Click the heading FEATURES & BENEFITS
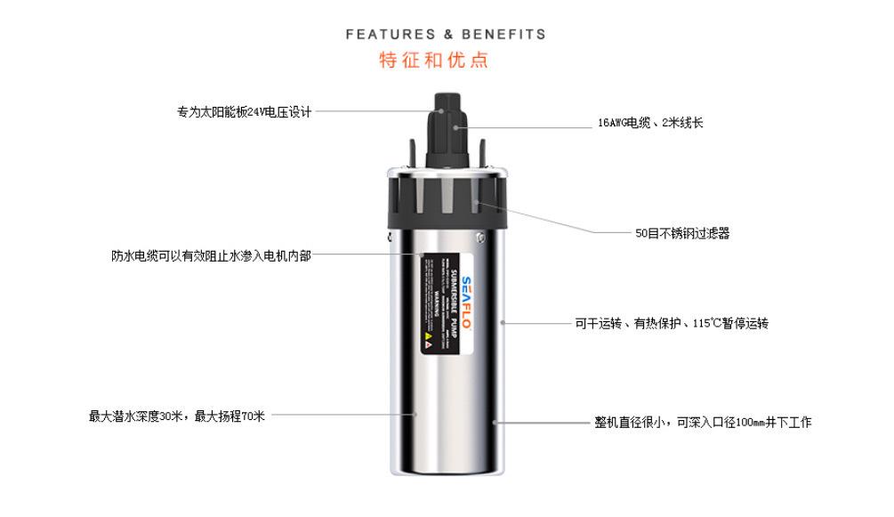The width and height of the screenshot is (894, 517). click(445, 35)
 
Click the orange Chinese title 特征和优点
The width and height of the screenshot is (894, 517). click(433, 61)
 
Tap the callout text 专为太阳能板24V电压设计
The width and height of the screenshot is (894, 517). click(244, 112)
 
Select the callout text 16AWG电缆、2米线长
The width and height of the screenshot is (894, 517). click(649, 124)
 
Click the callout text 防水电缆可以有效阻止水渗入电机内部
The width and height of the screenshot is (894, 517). click(212, 256)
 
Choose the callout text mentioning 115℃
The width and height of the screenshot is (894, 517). click(672, 324)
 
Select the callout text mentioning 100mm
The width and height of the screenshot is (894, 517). click(703, 423)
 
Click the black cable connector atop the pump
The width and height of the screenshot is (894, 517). click(449, 125)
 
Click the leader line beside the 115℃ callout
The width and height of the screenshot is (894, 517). click(534, 323)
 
